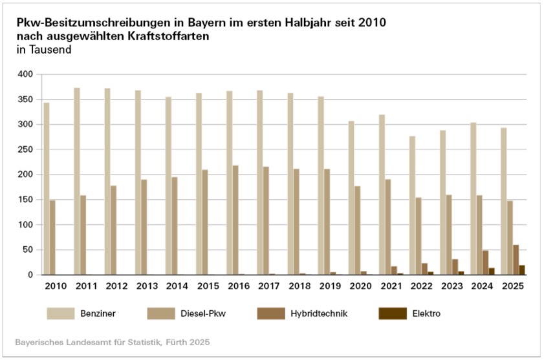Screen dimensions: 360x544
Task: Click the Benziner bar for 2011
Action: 77,181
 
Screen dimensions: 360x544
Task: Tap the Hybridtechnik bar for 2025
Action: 516,260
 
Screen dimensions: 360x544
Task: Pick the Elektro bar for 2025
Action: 522,270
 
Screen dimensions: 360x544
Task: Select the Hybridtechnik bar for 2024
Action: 486,262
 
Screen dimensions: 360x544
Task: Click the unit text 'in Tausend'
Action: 43,49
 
